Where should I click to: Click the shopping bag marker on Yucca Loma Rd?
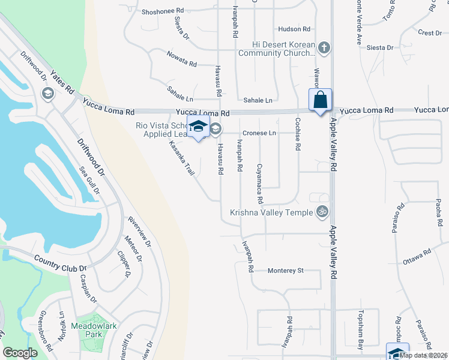tap(321, 100)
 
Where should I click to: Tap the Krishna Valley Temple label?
tap(271, 212)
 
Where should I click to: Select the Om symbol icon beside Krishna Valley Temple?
tap(322, 212)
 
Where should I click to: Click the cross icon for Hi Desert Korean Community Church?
tap(324, 48)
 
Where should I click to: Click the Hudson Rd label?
tap(294, 29)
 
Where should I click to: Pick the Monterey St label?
tap(286, 271)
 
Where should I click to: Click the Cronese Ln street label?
tap(259, 133)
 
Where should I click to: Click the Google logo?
tap(20, 353)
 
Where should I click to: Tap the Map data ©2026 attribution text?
tap(424, 355)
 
